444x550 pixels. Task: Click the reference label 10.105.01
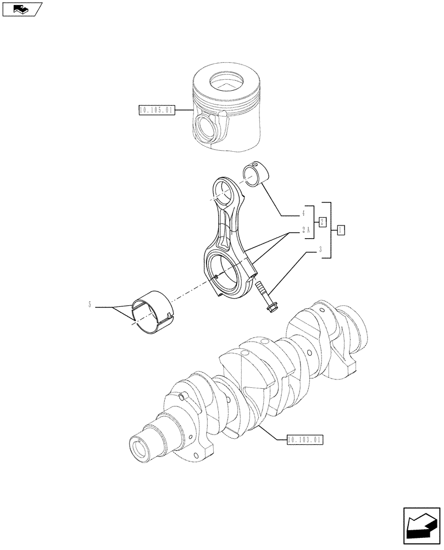click(x=157, y=111)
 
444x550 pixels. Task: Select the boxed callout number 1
click(x=341, y=230)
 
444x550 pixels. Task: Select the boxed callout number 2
click(x=323, y=221)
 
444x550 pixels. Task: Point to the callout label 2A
click(x=305, y=232)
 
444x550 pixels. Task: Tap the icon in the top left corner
click(x=21, y=9)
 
